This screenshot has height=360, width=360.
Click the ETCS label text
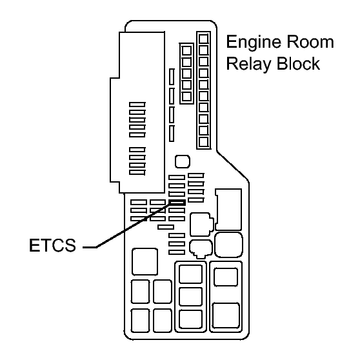[52, 245]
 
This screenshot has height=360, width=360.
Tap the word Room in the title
[310, 42]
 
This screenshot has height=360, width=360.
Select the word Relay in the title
[249, 65]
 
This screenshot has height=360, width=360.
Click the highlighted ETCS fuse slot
[177, 203]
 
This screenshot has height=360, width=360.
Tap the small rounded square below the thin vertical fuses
[183, 161]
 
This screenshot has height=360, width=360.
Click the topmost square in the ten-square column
[204, 39]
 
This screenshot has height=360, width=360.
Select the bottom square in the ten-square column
[204, 142]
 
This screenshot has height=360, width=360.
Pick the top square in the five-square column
[186, 50]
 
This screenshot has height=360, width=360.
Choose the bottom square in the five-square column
[186, 96]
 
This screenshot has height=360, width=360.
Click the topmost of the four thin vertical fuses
[172, 77]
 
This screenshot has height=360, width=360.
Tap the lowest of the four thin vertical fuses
[172, 134]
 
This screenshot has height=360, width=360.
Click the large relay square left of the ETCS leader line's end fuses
[145, 261]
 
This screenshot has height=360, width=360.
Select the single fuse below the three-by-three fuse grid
[166, 227]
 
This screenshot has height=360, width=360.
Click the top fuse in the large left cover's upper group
[137, 105]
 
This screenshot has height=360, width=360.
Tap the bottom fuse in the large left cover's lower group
[137, 172]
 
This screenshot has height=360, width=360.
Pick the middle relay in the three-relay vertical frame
[190, 297]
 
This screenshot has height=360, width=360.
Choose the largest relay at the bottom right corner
[226, 315]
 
